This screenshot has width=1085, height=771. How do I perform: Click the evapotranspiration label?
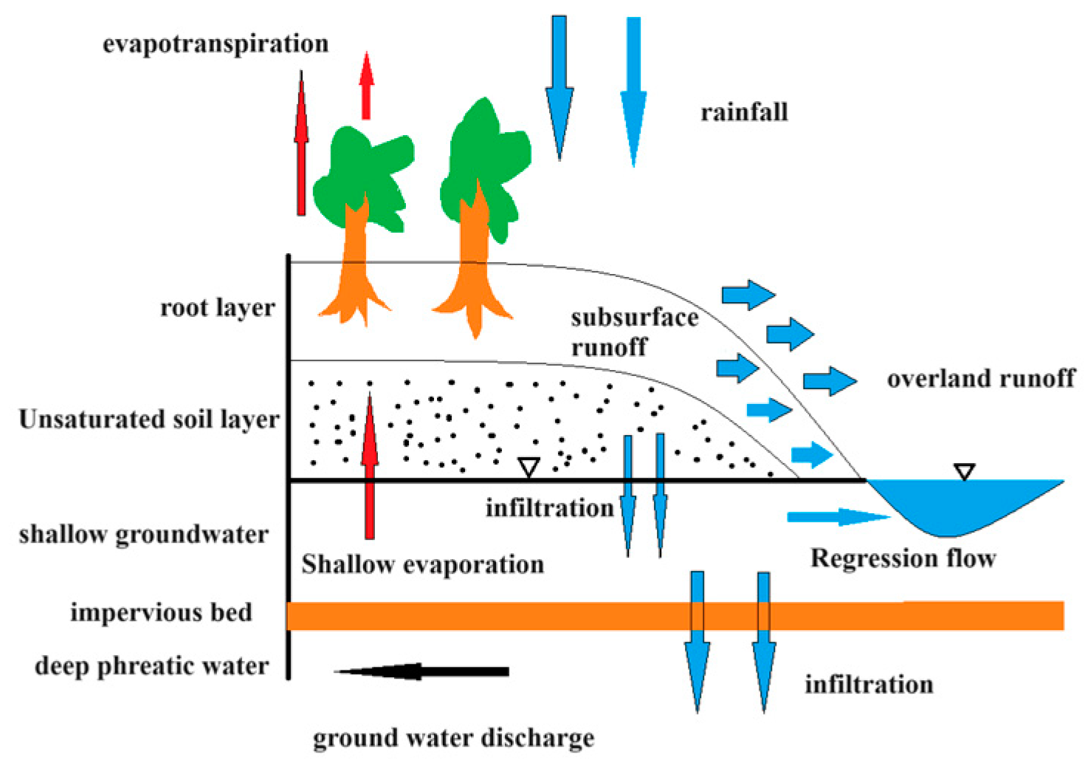point(216,44)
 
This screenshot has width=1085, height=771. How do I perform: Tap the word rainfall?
point(744,112)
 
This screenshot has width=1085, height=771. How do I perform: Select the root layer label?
point(218,307)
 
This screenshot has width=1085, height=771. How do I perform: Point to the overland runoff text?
point(981,379)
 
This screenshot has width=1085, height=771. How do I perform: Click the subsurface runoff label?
point(634,332)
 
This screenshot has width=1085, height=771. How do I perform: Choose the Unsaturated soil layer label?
point(149,419)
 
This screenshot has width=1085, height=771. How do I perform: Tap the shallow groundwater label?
point(144,534)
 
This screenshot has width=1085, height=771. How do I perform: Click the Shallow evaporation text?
point(422,564)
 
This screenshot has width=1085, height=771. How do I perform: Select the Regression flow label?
point(903,558)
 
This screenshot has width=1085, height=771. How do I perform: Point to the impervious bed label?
point(161,612)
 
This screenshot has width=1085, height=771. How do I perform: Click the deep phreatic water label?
point(152,665)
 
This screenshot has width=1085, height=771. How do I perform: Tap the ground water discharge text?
point(453,738)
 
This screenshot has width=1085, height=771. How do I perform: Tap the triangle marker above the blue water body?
point(964,471)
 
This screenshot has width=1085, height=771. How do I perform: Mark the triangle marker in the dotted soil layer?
point(528,467)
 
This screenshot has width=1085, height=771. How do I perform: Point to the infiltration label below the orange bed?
point(869,685)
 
